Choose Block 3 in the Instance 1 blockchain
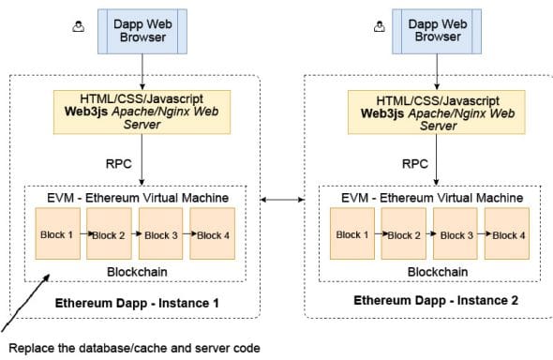coord(161,234)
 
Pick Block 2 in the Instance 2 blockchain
coord(405,234)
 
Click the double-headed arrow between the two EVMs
coord(282,199)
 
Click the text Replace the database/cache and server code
coord(133,347)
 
